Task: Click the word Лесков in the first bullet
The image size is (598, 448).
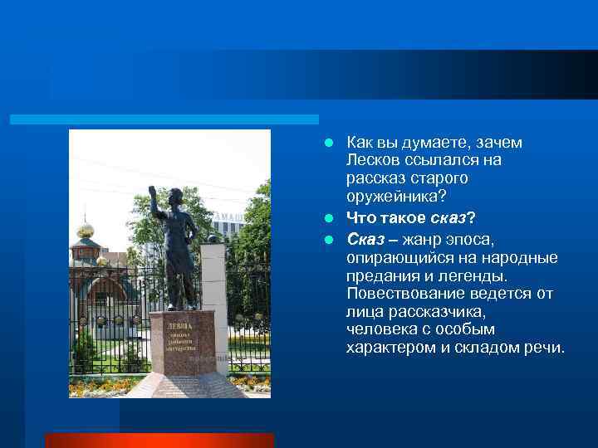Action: tap(374, 160)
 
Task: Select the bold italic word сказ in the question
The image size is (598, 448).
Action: tap(447, 218)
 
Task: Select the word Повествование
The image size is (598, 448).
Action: tap(398, 294)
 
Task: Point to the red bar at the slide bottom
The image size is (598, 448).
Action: tap(159, 440)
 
